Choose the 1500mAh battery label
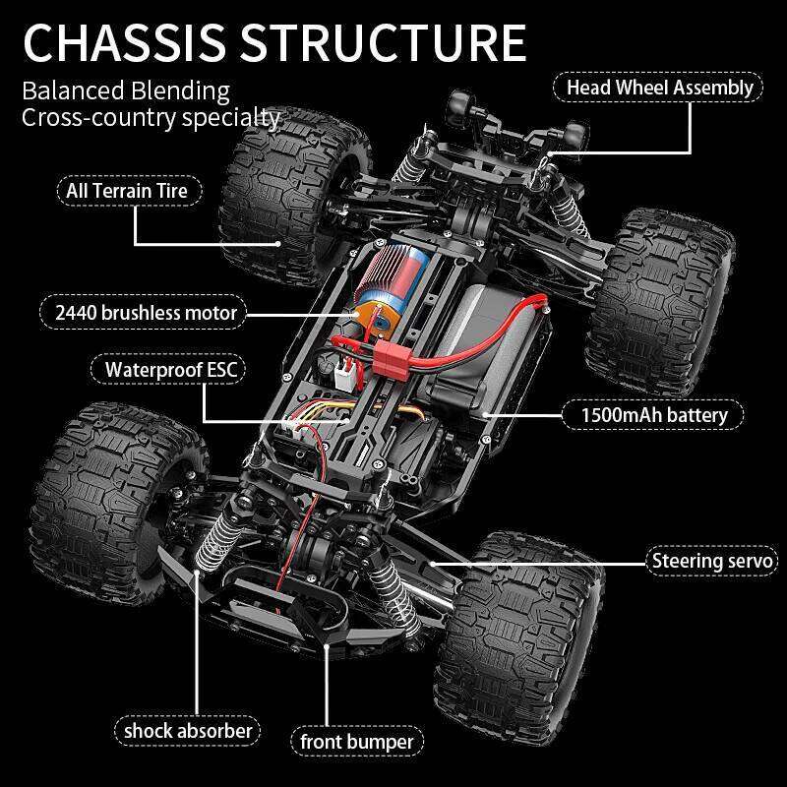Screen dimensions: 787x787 click(x=653, y=414)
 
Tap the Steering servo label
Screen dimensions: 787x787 click(x=713, y=562)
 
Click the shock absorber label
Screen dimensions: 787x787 click(x=188, y=730)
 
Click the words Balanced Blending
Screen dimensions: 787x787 click(x=126, y=91)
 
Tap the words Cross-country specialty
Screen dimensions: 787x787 click(x=151, y=118)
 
